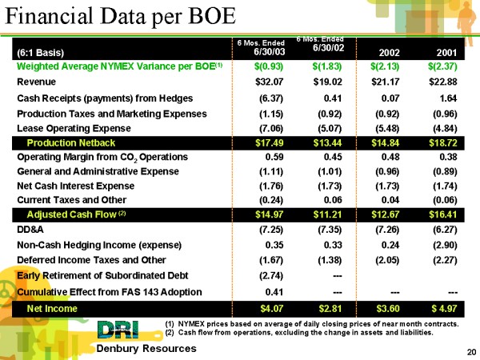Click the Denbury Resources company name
[x=146, y=350]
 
